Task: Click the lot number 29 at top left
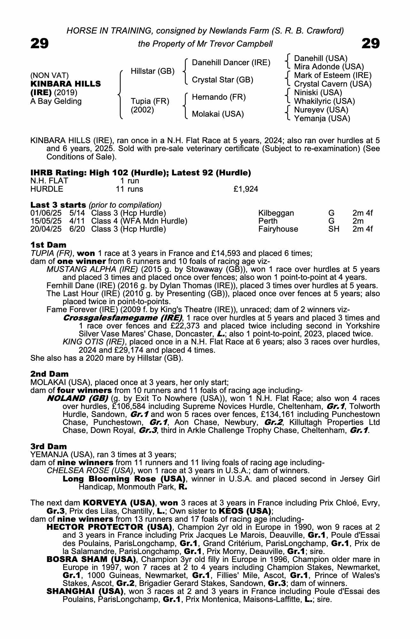coord(40,43)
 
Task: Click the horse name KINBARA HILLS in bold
coord(65,84)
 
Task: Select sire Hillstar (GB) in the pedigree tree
coord(153,71)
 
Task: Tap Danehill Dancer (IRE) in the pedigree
coord(231,63)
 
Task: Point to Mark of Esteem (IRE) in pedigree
coord(332,75)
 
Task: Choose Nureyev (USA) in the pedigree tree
coord(321,110)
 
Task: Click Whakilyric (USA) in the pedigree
coord(324,101)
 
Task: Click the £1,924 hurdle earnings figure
coord(246,189)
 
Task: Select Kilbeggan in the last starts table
coord(276,213)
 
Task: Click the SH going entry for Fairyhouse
coord(334,229)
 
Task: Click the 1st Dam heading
coord(48,245)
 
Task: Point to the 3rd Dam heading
coord(49,446)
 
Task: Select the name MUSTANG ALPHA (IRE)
coord(92,269)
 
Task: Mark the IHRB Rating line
coord(141,173)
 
